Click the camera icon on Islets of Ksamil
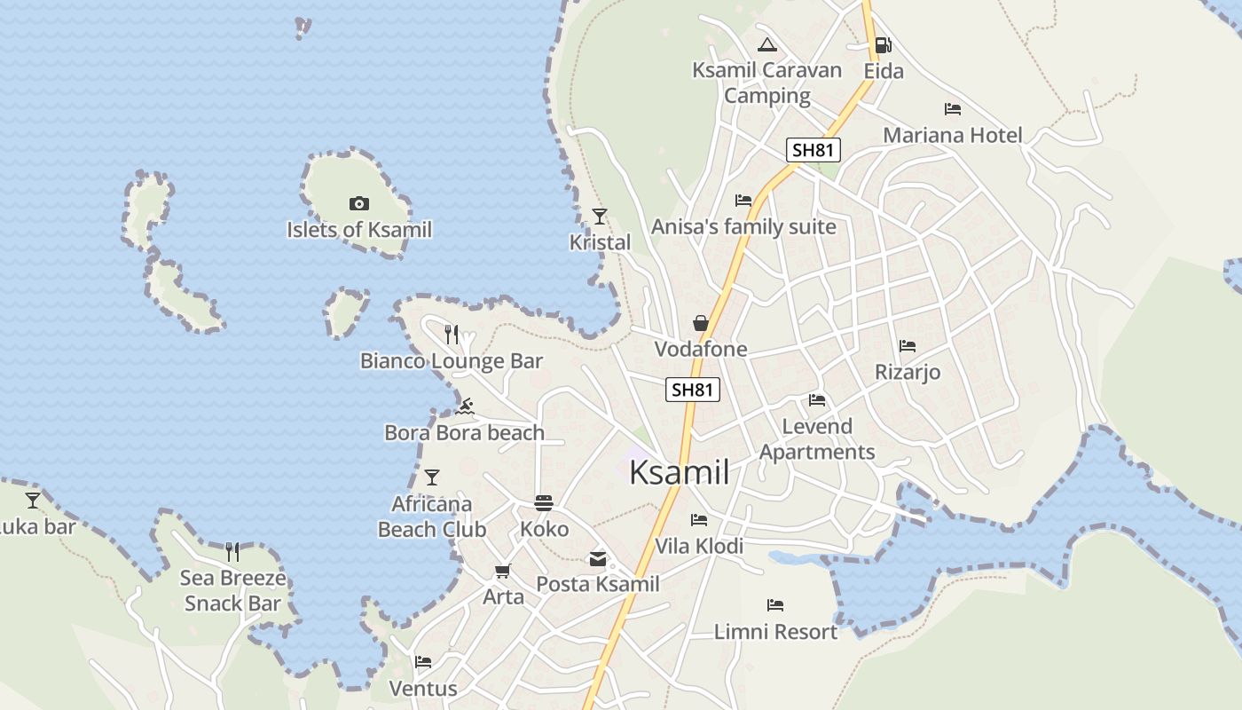pos(359,204)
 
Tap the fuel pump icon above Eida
pos(883,45)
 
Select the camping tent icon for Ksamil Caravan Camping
pos(767,45)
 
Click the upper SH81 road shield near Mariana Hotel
pos(813,150)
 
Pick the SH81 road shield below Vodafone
pos(693,389)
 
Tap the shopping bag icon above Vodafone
pos(701,323)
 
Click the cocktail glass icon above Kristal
pos(600,216)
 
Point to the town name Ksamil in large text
pos(680,472)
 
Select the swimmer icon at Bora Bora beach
pos(465,407)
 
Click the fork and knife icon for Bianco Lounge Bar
pos(452,335)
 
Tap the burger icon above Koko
pos(544,503)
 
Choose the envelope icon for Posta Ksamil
pos(598,559)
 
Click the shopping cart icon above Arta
pos(503,571)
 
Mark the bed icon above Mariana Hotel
pos(953,109)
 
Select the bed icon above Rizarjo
pos(907,346)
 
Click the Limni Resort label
pos(775,632)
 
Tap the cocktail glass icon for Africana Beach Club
pos(432,477)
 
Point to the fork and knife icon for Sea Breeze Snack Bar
pos(232,552)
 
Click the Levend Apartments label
pos(817,439)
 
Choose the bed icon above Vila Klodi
pos(699,520)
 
